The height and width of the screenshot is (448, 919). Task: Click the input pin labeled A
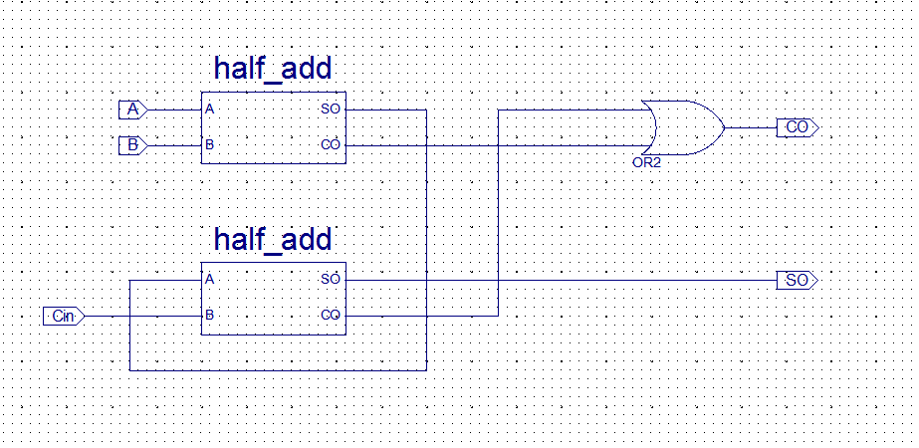(x=132, y=109)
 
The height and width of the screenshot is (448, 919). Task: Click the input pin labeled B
(x=132, y=145)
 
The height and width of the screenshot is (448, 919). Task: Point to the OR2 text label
(x=646, y=160)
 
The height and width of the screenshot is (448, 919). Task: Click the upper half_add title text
(x=272, y=69)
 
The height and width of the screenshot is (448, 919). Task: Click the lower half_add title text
(x=272, y=240)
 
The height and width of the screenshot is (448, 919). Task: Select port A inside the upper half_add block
(x=209, y=109)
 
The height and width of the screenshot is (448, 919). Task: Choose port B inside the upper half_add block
(x=209, y=145)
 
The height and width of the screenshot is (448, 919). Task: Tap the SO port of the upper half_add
(x=331, y=109)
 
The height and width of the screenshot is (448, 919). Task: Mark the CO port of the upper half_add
(x=331, y=145)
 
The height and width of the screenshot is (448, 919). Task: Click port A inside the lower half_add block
(x=209, y=280)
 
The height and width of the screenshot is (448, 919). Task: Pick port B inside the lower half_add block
(x=209, y=316)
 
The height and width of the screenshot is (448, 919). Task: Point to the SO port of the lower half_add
(x=331, y=280)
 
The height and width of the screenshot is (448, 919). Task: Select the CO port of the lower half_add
(x=331, y=316)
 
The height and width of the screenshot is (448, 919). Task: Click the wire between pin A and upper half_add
(x=174, y=109)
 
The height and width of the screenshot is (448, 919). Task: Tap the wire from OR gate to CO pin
(x=751, y=127)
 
